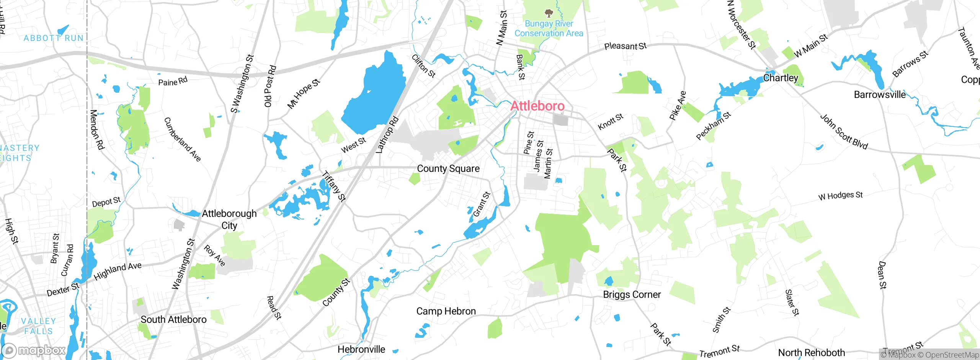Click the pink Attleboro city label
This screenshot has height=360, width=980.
[x=537, y=106]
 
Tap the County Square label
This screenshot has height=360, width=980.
[x=448, y=169]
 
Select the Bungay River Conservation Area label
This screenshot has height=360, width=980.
[x=549, y=29]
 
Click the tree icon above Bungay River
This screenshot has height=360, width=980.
[x=549, y=13]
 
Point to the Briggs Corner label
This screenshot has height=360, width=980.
[x=632, y=295]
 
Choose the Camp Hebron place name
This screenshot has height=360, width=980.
[x=446, y=311]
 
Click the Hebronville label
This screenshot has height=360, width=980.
[x=361, y=349]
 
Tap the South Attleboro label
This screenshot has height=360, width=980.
[x=173, y=319]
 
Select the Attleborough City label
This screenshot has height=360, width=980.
[x=229, y=219]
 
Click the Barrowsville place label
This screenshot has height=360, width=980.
[x=880, y=95]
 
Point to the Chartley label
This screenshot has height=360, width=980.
[x=781, y=78]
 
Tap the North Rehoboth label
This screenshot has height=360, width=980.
[x=811, y=352]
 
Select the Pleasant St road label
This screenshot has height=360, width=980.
[x=625, y=46]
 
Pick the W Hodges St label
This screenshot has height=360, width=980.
[x=840, y=196]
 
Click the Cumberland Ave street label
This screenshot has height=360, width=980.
[x=182, y=139]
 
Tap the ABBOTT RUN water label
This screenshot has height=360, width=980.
[x=54, y=38]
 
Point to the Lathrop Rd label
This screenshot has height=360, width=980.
[x=387, y=135]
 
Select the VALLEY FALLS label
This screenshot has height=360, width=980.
[x=38, y=326]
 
